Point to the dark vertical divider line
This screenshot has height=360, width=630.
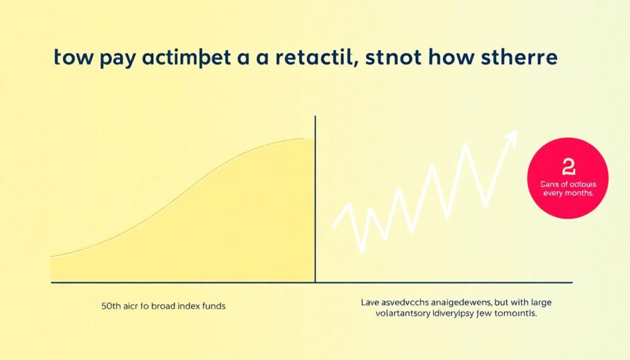(315, 203)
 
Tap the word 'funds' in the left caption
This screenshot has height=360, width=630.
(212, 306)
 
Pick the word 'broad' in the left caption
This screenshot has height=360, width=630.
(157, 306)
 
